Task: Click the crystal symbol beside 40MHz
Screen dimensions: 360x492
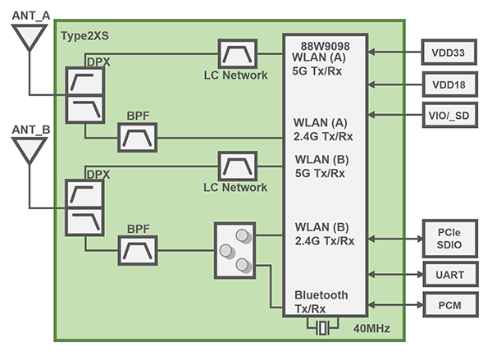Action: pyautogui.click(x=324, y=328)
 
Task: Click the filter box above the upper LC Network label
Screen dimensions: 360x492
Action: pyautogui.click(x=237, y=53)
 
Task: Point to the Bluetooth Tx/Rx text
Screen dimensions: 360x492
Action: pyautogui.click(x=321, y=301)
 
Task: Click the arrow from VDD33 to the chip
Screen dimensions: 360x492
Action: pyautogui.click(x=394, y=52)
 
